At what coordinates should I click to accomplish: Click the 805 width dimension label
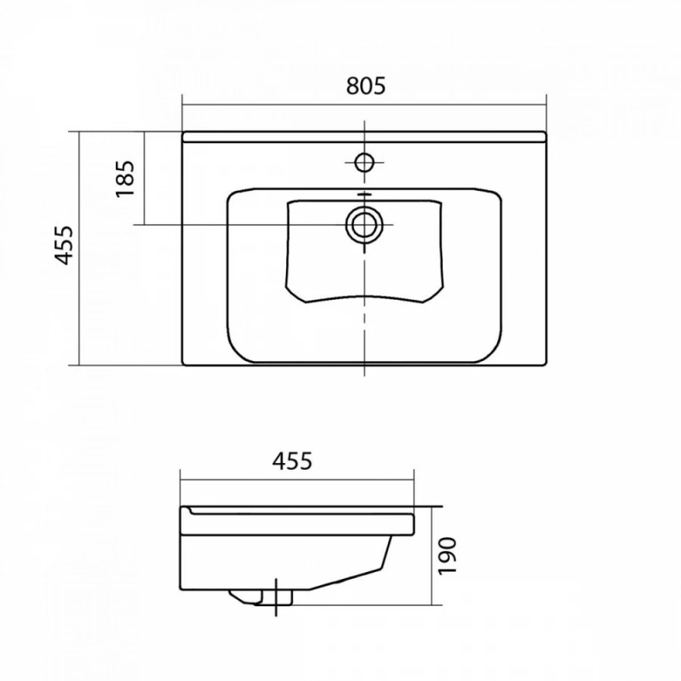[x=365, y=86]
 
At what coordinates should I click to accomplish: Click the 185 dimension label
[x=125, y=179]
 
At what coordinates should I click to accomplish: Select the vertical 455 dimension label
[x=64, y=245]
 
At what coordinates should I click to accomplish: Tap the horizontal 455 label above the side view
[x=292, y=461]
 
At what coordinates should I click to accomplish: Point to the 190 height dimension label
[x=447, y=556]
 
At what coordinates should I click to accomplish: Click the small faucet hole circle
[x=365, y=163]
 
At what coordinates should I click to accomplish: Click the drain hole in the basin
[x=365, y=225]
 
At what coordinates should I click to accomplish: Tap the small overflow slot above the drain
[x=365, y=195]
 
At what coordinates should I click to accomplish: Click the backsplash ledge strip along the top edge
[x=364, y=136]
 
